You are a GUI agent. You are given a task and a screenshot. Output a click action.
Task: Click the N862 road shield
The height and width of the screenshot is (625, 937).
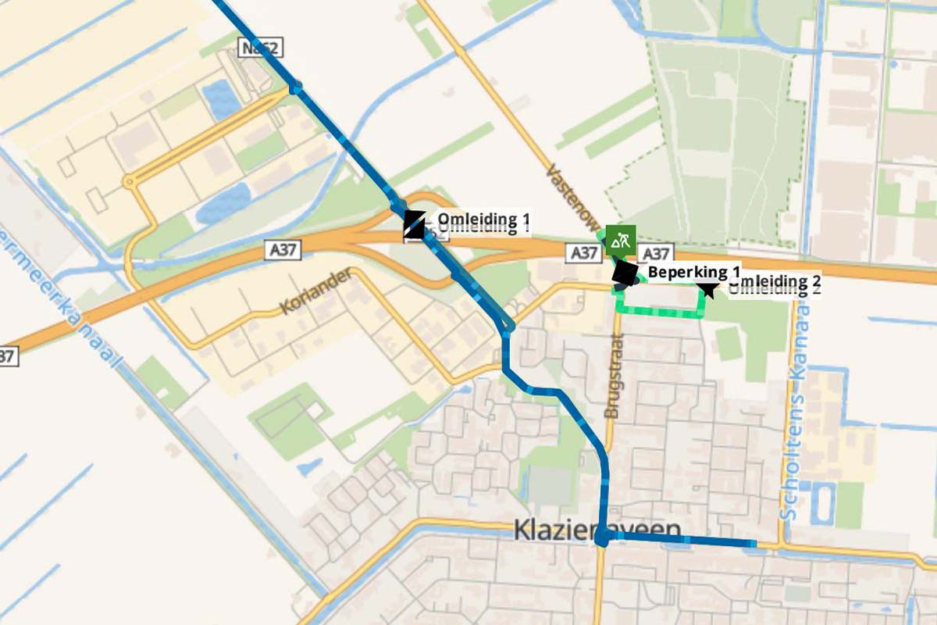tap(260, 48)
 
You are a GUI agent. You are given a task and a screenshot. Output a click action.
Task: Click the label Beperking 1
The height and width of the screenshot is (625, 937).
tap(693, 272)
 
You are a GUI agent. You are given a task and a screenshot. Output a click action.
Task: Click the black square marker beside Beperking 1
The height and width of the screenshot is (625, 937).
tap(625, 273)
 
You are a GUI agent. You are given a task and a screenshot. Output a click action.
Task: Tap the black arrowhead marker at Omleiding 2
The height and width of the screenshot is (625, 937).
tap(708, 290)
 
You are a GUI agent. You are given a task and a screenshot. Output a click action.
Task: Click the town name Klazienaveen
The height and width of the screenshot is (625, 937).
tap(597, 530)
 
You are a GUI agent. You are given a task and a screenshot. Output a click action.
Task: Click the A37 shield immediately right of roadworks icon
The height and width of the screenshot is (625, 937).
tap(657, 254)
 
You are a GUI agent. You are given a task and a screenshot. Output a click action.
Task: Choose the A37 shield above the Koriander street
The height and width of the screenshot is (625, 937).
tap(283, 250)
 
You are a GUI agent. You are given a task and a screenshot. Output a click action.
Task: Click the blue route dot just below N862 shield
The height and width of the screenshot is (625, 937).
tap(295, 89)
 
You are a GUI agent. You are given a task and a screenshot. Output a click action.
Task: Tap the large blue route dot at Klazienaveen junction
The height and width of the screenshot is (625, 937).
tap(602, 538)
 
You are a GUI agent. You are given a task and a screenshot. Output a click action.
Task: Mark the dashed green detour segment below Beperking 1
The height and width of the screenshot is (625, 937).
tap(660, 313)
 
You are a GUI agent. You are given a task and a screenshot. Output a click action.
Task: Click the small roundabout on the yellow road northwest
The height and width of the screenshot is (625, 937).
tap(130, 182)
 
